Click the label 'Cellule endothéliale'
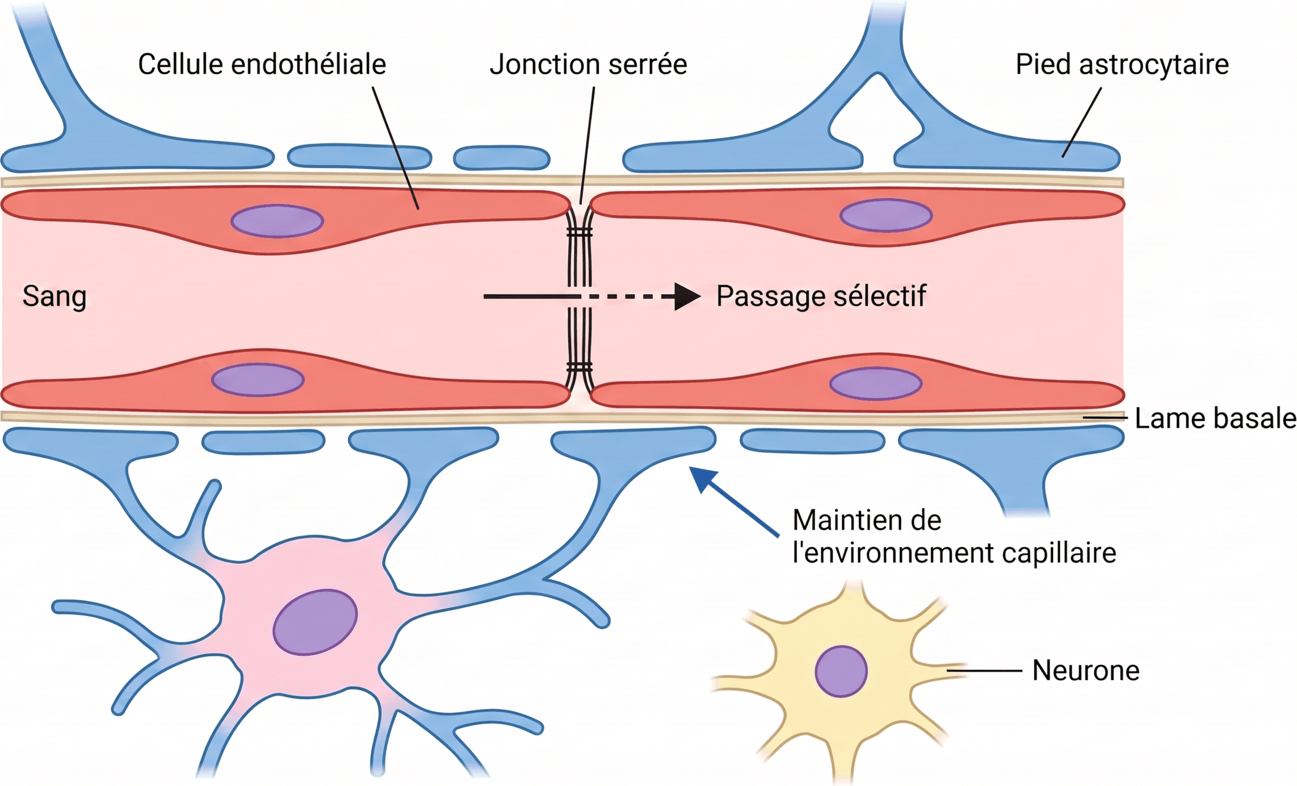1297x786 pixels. coord(262,64)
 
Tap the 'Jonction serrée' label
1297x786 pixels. coord(589,64)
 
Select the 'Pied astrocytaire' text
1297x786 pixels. coord(1122,64)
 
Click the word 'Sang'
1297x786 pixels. coord(54,296)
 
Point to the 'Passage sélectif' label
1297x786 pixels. coord(821,296)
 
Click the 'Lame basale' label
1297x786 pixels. coord(1216,419)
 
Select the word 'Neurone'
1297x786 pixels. coord(1086,671)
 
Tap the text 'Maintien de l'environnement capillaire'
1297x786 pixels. coord(954,537)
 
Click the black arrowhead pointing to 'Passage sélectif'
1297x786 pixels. coord(687,296)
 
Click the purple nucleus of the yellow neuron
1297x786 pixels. coord(841,671)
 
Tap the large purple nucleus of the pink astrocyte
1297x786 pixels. coord(315,622)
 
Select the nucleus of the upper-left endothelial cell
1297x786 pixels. coord(277,221)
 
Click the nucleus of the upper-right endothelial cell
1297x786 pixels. coord(886,215)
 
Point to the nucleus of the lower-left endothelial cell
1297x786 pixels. coord(258,379)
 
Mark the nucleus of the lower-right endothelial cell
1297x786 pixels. coord(876,383)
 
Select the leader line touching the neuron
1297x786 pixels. coord(984,671)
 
